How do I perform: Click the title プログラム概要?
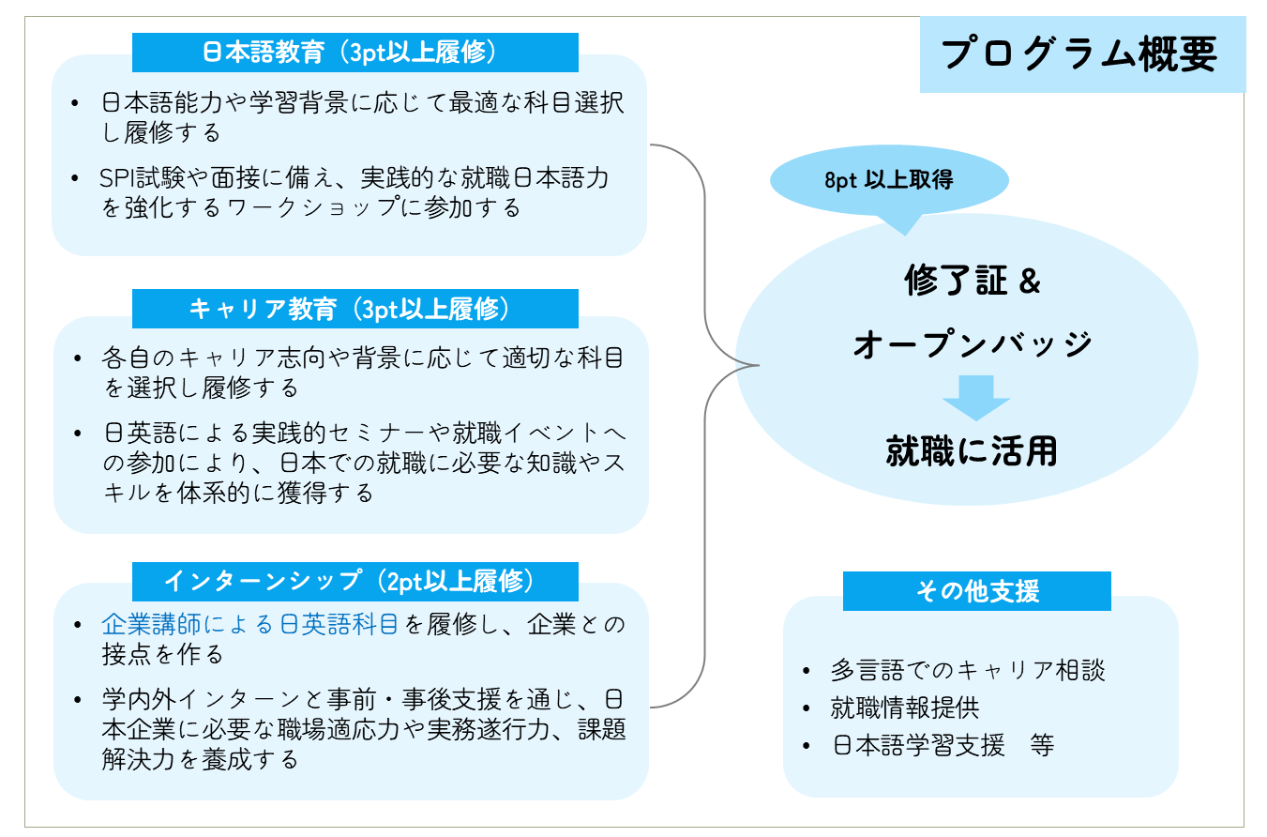[1079, 53]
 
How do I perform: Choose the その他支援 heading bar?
[976, 591]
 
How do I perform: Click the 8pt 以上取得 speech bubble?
[888, 181]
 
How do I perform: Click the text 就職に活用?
[972, 451]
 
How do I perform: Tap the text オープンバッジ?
[973, 344]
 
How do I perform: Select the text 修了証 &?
[973, 281]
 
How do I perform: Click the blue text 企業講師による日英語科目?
[250, 624]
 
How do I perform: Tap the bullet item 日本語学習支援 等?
[942, 746]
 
